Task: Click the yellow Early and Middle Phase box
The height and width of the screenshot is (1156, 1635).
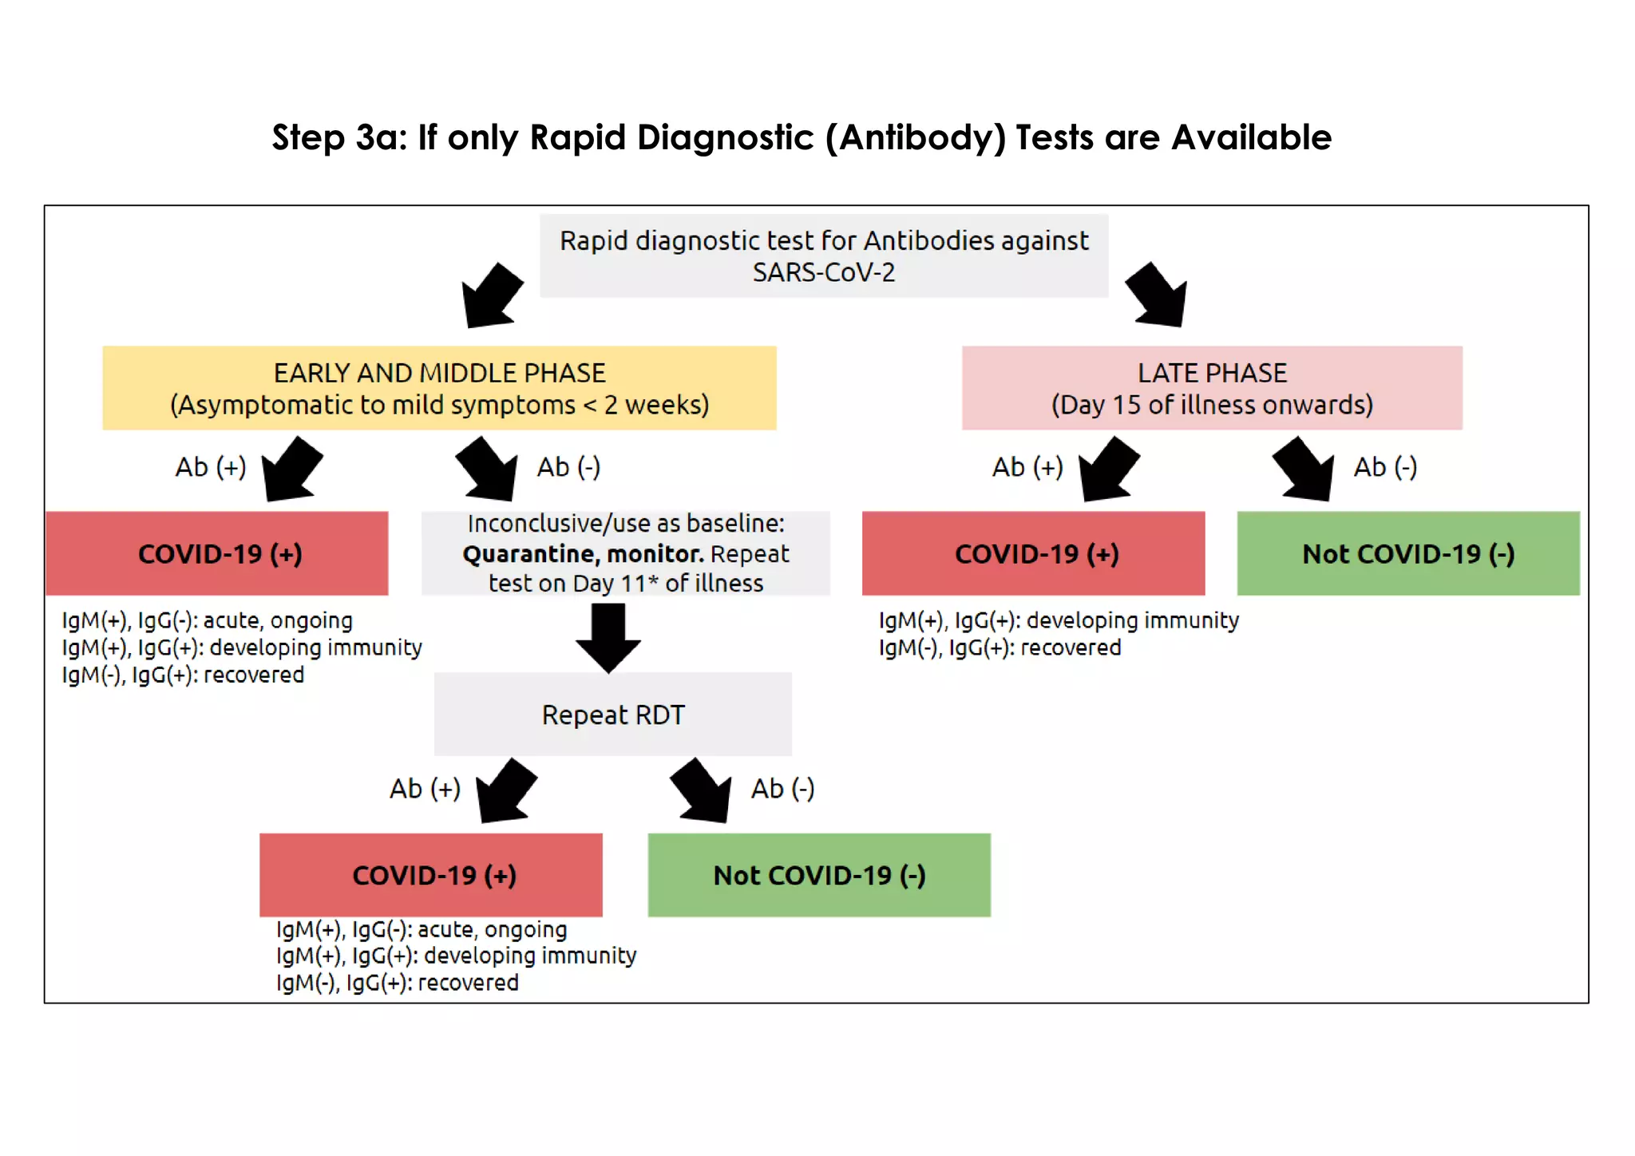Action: pyautogui.click(x=439, y=388)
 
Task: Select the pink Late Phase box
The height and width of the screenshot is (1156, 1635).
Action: pyautogui.click(x=1211, y=388)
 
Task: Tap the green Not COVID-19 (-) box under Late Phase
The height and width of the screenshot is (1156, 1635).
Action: pyautogui.click(x=1407, y=553)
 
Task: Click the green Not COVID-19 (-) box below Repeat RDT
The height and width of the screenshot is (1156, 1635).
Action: pyautogui.click(x=818, y=875)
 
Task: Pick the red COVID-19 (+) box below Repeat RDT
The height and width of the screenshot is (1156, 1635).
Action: pyautogui.click(x=431, y=875)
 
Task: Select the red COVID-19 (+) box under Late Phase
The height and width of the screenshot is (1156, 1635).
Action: pyautogui.click(x=1033, y=553)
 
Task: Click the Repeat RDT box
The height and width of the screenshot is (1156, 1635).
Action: pyautogui.click(x=612, y=715)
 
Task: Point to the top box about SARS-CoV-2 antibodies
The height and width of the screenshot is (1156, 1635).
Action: pyautogui.click(x=823, y=256)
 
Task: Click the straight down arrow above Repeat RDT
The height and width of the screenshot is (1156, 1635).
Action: pyautogui.click(x=608, y=637)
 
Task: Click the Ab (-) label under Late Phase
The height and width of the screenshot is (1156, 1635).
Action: pyautogui.click(x=1385, y=467)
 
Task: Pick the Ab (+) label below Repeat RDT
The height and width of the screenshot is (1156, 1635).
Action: pyautogui.click(x=425, y=789)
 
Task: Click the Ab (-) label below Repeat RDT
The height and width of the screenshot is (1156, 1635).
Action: pyautogui.click(x=782, y=789)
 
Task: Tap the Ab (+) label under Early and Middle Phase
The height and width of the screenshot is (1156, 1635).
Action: pyautogui.click(x=211, y=467)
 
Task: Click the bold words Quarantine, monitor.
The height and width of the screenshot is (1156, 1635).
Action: pyautogui.click(x=583, y=553)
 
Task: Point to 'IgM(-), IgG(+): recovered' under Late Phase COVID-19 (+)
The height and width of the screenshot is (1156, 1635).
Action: pyautogui.click(x=1000, y=647)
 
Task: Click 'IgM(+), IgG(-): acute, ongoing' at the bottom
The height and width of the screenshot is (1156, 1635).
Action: pyautogui.click(x=422, y=929)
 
